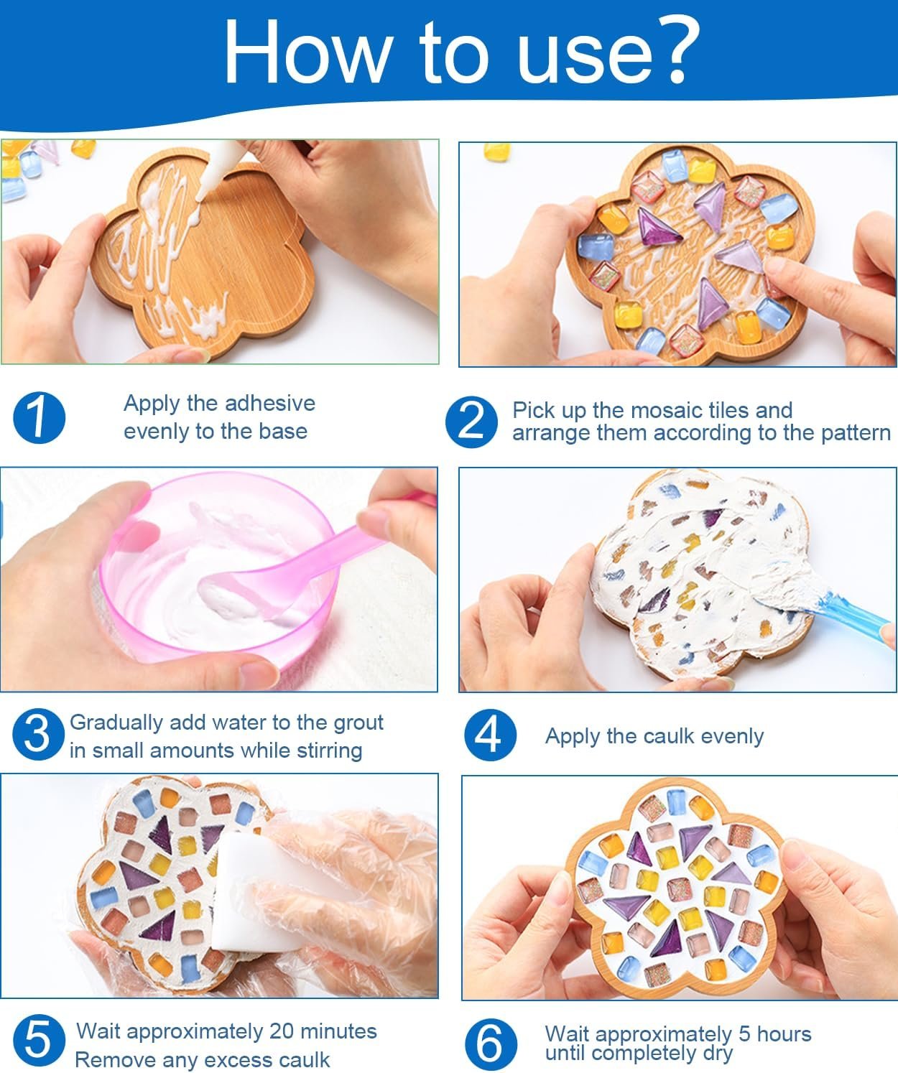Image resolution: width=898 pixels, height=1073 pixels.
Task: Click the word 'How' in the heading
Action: [306, 52]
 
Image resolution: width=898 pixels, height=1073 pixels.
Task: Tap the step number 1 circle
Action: [39, 417]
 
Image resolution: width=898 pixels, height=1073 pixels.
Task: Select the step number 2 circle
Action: [471, 422]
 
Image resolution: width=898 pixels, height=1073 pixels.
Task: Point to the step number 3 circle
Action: [38, 735]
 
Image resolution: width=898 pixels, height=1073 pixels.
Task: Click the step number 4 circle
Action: [490, 735]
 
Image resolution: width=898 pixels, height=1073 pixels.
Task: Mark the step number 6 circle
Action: [491, 1045]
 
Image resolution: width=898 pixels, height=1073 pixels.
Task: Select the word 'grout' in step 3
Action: [358, 723]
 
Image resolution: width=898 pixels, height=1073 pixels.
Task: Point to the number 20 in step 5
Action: [281, 1031]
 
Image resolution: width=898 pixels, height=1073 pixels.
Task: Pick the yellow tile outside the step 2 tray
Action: [497, 151]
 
